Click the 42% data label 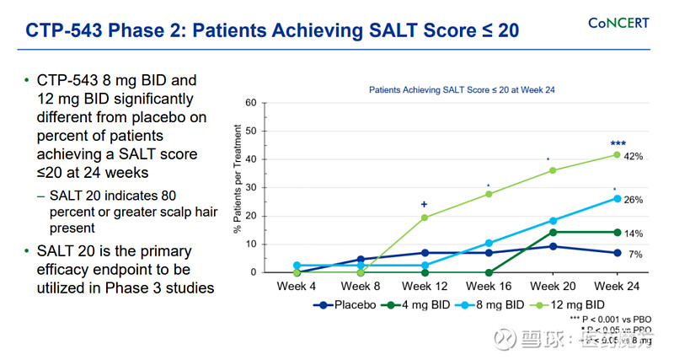(634, 157)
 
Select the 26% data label (634, 200)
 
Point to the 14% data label (634, 233)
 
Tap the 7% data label (635, 254)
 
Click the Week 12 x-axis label (424, 286)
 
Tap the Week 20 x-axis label (553, 286)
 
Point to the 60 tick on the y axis (250, 103)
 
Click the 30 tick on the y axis (250, 188)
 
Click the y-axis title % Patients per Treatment (238, 179)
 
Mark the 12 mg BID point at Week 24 (617, 154)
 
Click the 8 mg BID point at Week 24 (617, 199)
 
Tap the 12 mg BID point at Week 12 (425, 218)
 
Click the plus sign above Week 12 (425, 204)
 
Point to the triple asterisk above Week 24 (618, 143)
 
